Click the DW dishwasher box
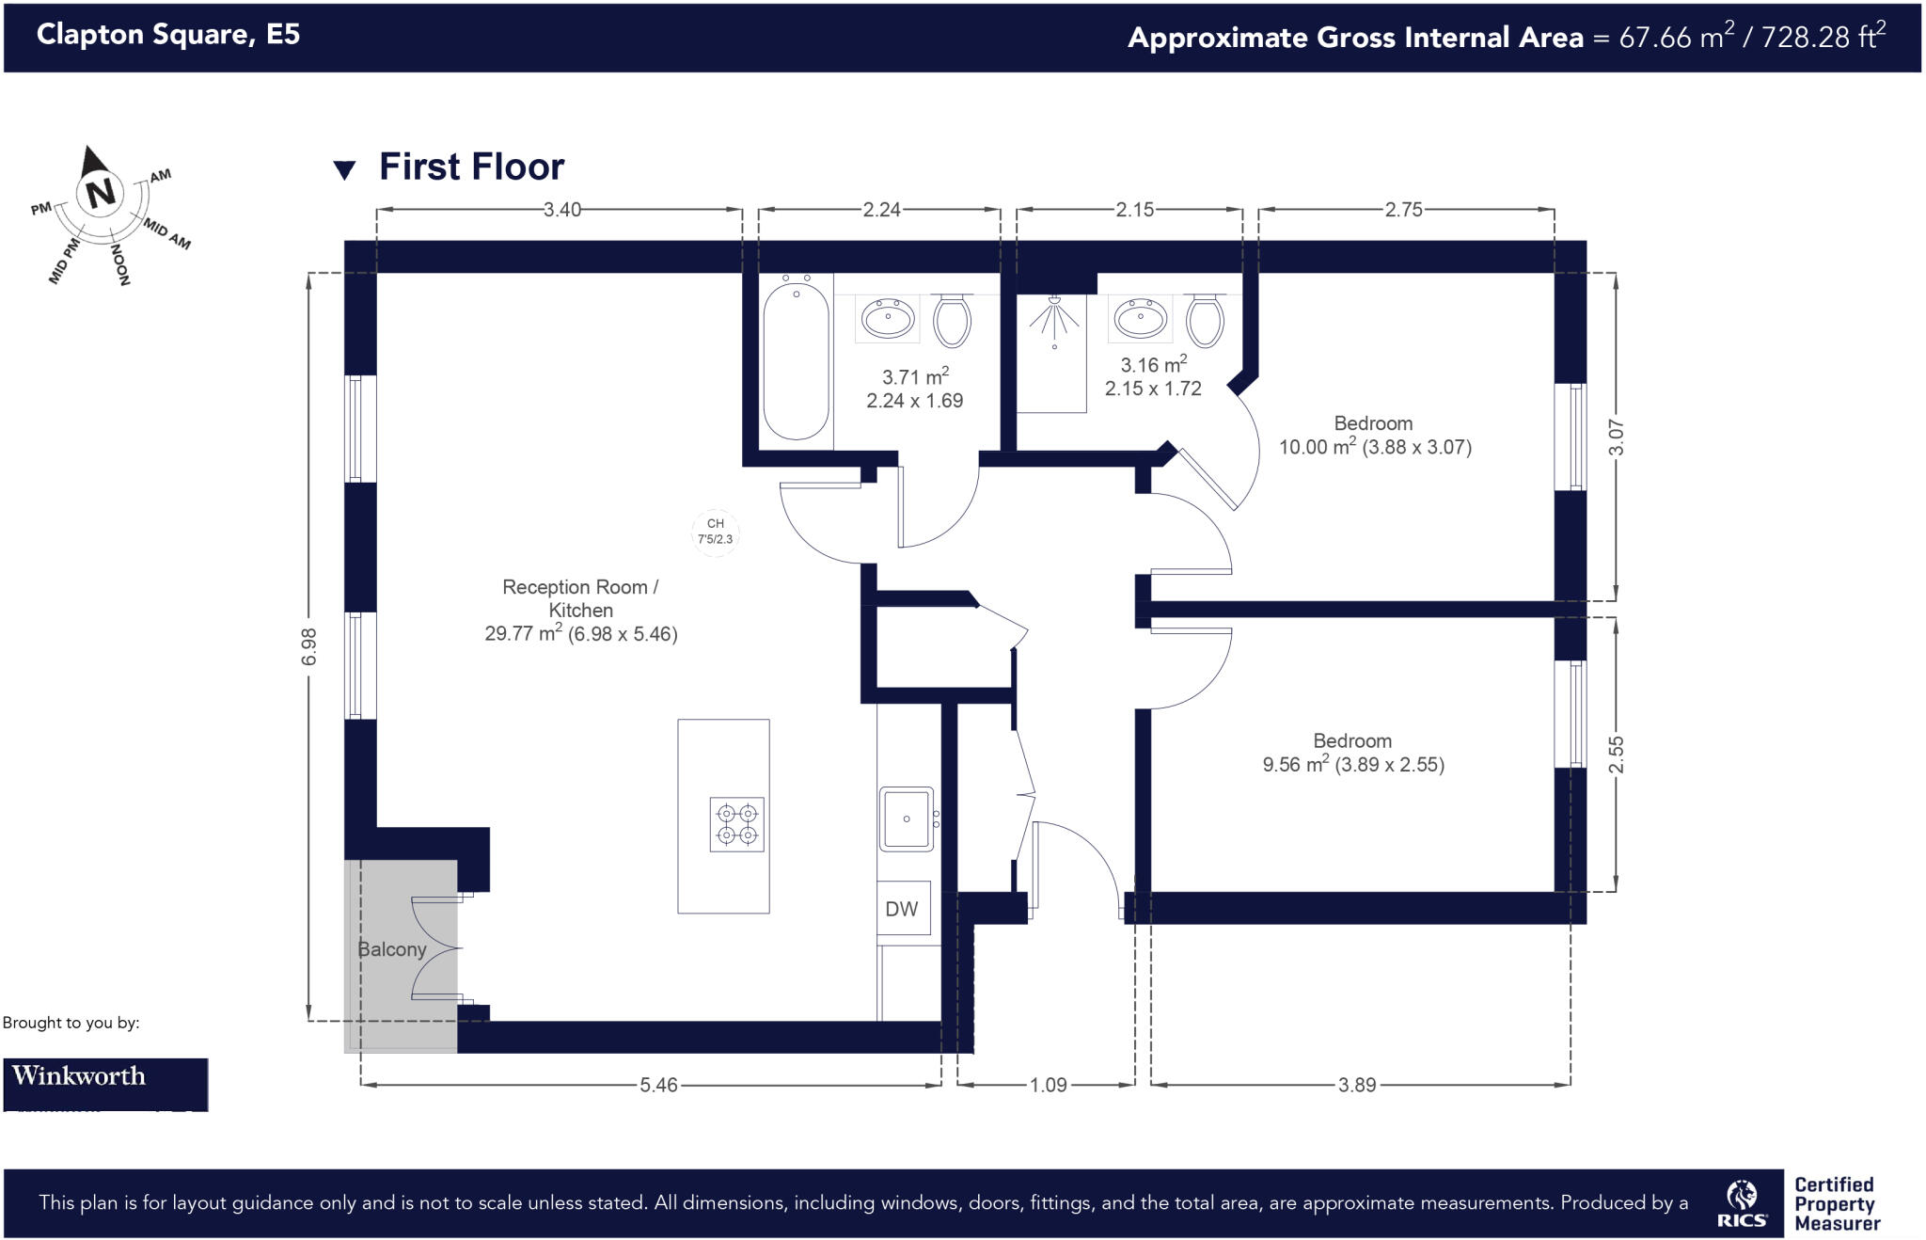(x=903, y=908)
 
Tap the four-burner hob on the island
(x=736, y=824)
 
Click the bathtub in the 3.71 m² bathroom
(x=796, y=360)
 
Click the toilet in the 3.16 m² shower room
(x=1205, y=320)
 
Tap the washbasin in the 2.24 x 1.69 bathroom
(x=888, y=318)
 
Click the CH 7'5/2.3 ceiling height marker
(x=715, y=532)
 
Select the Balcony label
(x=392, y=949)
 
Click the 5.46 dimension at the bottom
(x=658, y=1085)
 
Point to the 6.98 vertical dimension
(x=309, y=646)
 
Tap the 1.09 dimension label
(x=1048, y=1085)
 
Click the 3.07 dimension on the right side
(x=1616, y=437)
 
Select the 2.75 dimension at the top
(x=1403, y=210)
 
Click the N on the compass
(x=101, y=192)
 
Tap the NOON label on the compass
(x=121, y=264)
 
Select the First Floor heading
(x=471, y=167)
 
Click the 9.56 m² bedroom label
(x=1352, y=754)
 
